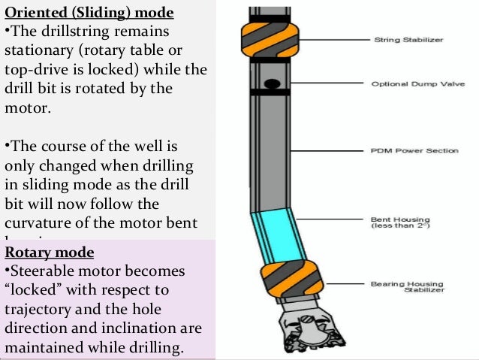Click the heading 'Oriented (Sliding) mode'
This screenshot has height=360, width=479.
89,14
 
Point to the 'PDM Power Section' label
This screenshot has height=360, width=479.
414,150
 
